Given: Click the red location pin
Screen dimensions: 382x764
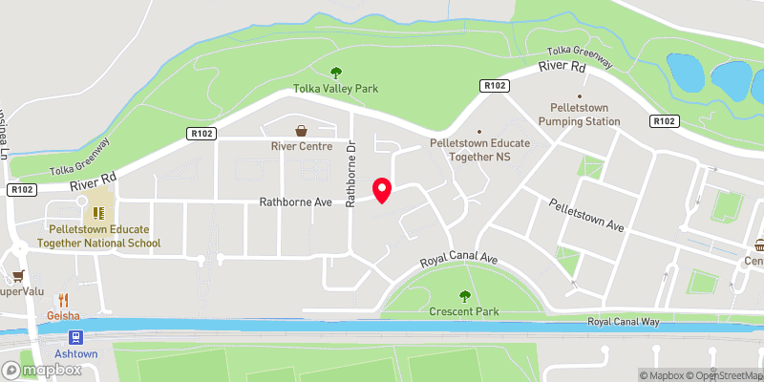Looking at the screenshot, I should pyautogui.click(x=382, y=190).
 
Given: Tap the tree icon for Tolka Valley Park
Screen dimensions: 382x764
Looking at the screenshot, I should pyautogui.click(x=335, y=72).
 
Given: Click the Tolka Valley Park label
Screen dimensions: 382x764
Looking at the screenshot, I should pyautogui.click(x=335, y=89).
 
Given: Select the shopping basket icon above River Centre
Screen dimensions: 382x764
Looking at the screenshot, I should pyautogui.click(x=302, y=131).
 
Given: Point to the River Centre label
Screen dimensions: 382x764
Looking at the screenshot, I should pyautogui.click(x=302, y=147).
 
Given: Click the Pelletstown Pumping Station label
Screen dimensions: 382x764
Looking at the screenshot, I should pyautogui.click(x=579, y=115).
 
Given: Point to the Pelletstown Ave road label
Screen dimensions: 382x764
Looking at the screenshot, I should pyautogui.click(x=586, y=216).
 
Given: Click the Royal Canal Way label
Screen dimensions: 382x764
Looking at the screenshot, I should pyautogui.click(x=624, y=323).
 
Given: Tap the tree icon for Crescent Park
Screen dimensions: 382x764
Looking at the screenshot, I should pyautogui.click(x=465, y=296).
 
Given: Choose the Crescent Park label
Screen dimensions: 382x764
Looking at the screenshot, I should pyautogui.click(x=465, y=312).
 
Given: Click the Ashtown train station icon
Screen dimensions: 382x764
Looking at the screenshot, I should pyautogui.click(x=74, y=337).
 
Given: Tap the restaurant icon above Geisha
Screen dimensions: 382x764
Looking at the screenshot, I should pyautogui.click(x=65, y=299).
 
